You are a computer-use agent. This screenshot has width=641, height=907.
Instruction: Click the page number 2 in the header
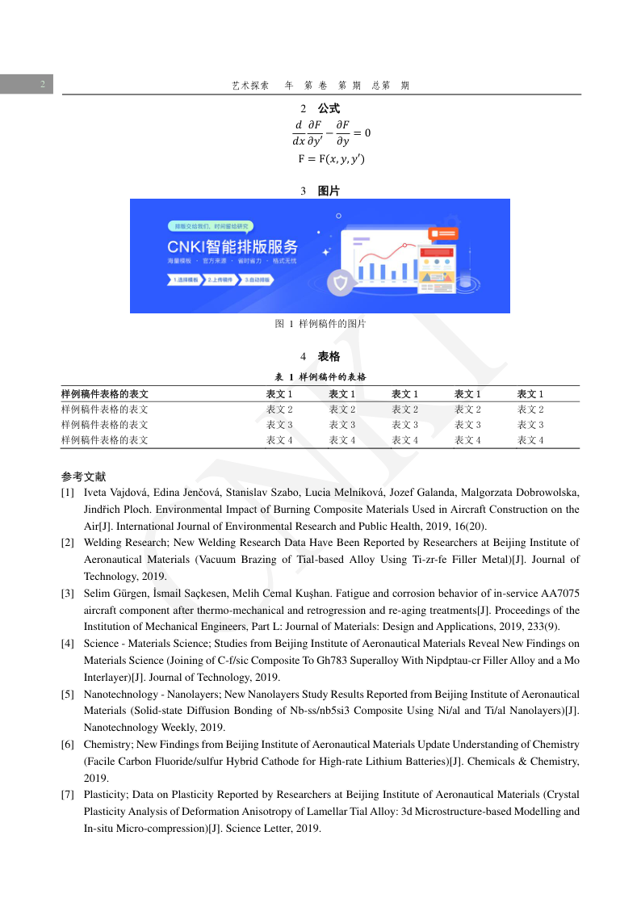(41, 84)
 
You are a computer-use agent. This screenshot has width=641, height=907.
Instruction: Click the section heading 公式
(328, 108)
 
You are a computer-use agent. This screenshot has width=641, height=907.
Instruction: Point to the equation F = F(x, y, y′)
(331, 159)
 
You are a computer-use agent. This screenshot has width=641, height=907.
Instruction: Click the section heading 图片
(329, 191)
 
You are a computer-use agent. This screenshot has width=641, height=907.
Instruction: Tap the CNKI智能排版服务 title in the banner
(233, 246)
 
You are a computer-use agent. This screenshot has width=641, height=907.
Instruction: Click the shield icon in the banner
(340, 283)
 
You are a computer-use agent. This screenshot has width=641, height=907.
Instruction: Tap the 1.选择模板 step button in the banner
(186, 279)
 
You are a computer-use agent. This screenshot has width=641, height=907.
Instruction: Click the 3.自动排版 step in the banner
(258, 279)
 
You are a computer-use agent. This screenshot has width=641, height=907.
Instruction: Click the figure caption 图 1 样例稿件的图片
(320, 324)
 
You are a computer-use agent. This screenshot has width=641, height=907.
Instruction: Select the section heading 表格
(329, 356)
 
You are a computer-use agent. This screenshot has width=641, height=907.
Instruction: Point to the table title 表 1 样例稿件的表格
(320, 377)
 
